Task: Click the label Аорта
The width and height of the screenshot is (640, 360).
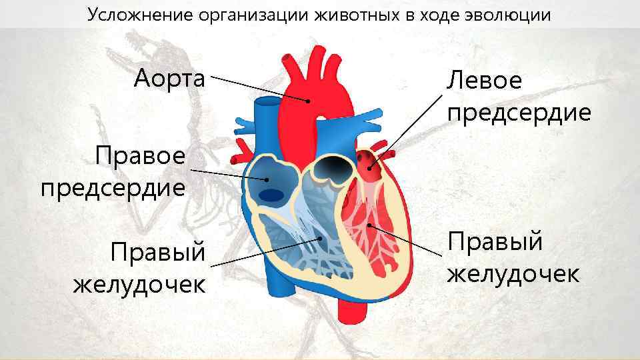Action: point(169,79)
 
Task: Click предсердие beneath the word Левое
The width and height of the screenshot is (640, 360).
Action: point(519,112)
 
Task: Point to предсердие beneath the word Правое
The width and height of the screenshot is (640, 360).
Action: point(113,187)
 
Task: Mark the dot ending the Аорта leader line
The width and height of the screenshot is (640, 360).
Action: point(308,101)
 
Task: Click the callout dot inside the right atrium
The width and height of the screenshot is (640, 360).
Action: point(267,179)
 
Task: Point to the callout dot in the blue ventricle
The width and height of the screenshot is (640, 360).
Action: point(321,238)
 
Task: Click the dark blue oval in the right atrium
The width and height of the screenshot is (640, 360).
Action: point(271,195)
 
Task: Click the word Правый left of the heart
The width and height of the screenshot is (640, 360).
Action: point(158,253)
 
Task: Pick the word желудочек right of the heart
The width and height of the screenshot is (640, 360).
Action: point(513,273)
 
